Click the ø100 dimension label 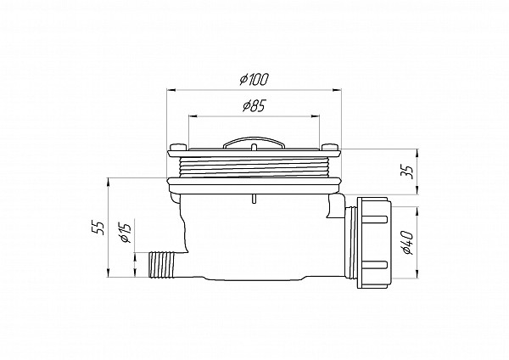coord(255,79)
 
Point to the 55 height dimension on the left coord(99,228)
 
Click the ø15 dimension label coord(125,230)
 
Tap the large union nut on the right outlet coord(372,242)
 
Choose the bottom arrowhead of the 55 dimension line coord(110,274)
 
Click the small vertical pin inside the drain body coord(253,199)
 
